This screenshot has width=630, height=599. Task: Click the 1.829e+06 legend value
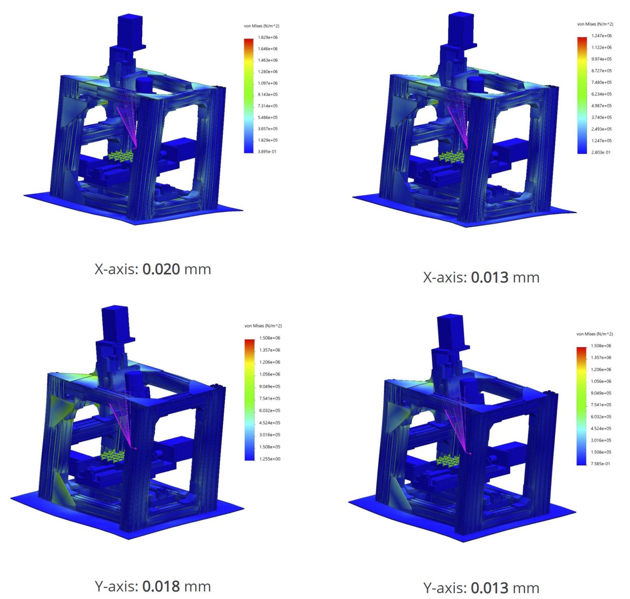click(268, 37)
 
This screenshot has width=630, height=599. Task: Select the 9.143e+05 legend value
click(268, 94)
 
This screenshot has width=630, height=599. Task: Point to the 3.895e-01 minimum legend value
click(267, 151)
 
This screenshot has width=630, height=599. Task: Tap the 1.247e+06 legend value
click(602, 36)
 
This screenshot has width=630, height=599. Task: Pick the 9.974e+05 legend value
click(602, 59)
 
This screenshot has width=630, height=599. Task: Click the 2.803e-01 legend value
click(601, 152)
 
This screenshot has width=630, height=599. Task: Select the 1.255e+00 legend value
click(270, 459)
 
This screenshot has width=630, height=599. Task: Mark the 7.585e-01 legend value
click(600, 464)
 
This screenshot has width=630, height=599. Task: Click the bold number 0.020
click(161, 269)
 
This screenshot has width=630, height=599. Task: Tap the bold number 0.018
click(161, 586)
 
